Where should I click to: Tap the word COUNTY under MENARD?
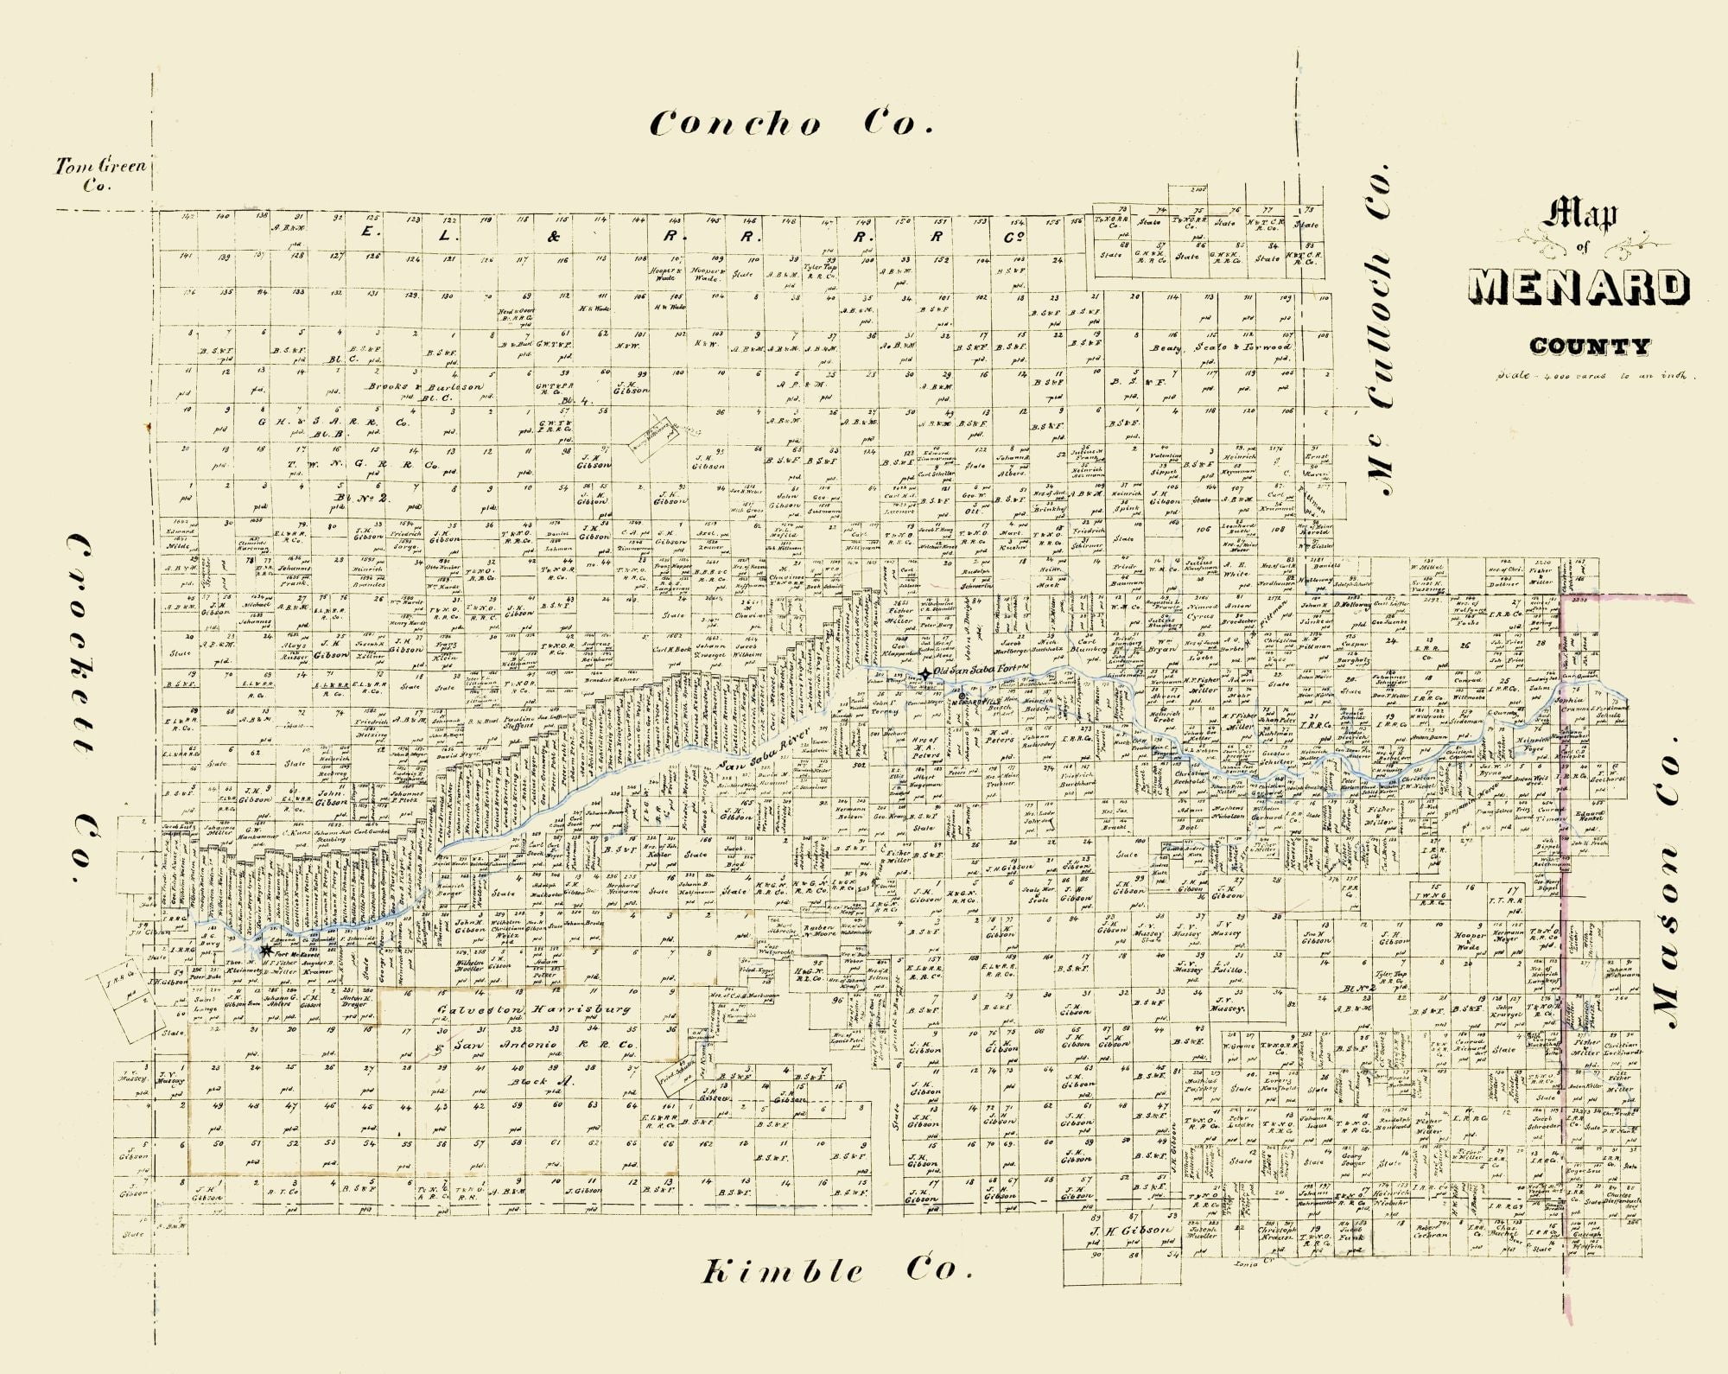(1589, 347)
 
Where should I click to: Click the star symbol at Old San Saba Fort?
(925, 673)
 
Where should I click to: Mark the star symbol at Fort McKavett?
(265, 950)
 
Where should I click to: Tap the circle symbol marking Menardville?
(962, 696)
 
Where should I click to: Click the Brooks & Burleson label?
(423, 387)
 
